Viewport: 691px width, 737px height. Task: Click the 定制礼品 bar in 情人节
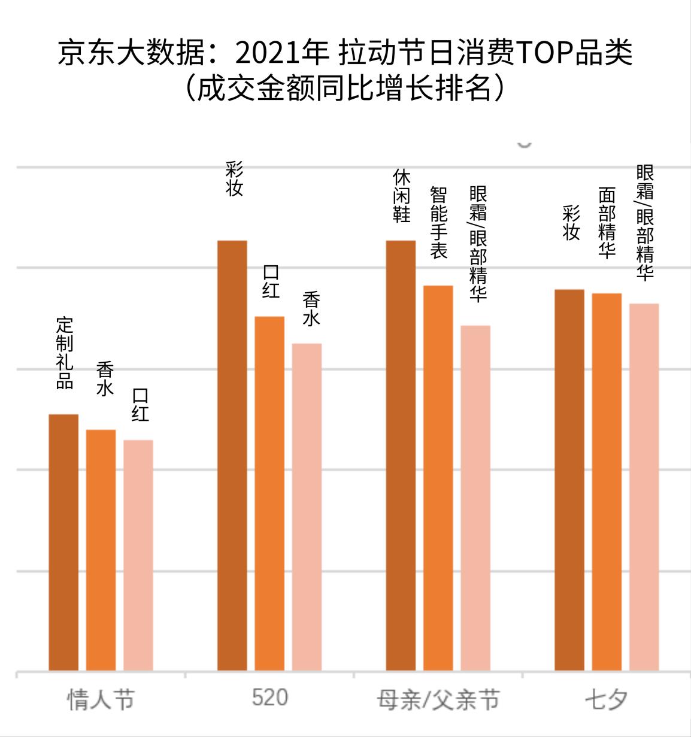click(63, 542)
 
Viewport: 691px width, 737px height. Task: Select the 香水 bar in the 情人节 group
click(101, 550)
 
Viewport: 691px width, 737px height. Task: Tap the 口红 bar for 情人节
click(138, 555)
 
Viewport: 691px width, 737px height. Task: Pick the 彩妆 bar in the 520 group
click(232, 455)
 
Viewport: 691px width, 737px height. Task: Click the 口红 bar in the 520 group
click(269, 493)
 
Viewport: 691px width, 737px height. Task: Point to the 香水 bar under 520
click(307, 507)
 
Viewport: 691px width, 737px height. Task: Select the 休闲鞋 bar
click(401, 455)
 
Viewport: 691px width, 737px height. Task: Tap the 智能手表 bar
click(438, 478)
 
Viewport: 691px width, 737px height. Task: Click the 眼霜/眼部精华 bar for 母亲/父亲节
click(475, 498)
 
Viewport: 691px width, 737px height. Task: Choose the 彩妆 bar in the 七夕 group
click(569, 480)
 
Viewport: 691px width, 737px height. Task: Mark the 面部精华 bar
click(607, 481)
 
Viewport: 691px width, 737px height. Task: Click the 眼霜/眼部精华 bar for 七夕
click(644, 487)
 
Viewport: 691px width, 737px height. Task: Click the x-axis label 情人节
click(101, 699)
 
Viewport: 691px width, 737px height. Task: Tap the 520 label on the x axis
click(269, 698)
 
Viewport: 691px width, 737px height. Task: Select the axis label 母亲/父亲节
click(438, 699)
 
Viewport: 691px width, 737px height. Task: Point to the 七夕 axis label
click(606, 699)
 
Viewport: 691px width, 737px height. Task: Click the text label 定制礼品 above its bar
click(64, 353)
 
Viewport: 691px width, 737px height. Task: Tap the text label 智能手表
click(439, 223)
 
